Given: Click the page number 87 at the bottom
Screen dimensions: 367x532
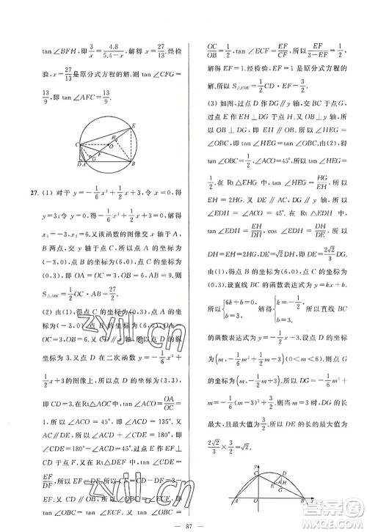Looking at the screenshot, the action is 183,522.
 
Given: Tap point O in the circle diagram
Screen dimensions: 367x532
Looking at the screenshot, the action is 110,144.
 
